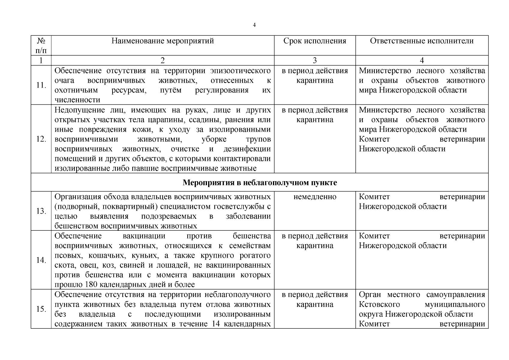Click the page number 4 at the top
click(x=254, y=25)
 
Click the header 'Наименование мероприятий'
click(x=163, y=41)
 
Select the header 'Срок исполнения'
click(x=315, y=41)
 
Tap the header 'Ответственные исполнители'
click(x=422, y=41)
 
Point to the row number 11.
click(x=41, y=85)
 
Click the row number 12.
click(x=41, y=139)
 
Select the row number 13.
click(x=41, y=211)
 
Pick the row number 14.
click(x=41, y=260)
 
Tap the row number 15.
click(x=41, y=309)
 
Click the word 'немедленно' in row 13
click(x=315, y=197)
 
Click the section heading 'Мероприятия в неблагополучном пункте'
click(x=260, y=183)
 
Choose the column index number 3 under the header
click(x=315, y=60)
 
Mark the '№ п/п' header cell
click(x=41, y=45)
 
